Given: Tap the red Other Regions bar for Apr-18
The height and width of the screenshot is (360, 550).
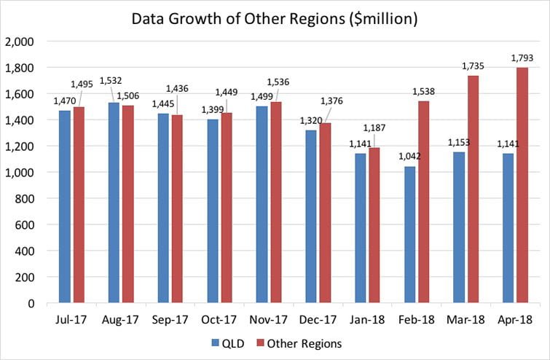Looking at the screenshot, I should pyautogui.click(x=522, y=185).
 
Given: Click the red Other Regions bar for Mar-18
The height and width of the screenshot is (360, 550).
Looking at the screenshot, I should pyautogui.click(x=472, y=189).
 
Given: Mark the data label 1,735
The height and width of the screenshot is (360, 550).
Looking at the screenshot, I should pyautogui.click(x=473, y=66).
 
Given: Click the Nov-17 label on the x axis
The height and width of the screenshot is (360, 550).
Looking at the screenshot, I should pyautogui.click(x=269, y=319).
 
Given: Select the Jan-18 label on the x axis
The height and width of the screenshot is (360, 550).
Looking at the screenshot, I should pyautogui.click(x=367, y=319).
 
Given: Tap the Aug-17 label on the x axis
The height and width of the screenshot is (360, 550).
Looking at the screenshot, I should pyautogui.click(x=121, y=319).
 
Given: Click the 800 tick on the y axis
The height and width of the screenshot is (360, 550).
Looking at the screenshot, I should pyautogui.click(x=27, y=198).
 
